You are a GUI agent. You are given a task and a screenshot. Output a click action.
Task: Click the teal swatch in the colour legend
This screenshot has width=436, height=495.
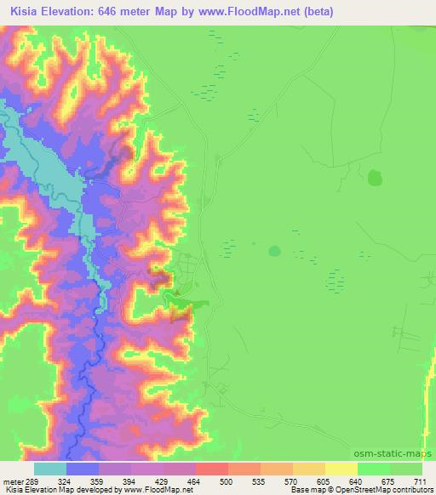pos(49,469)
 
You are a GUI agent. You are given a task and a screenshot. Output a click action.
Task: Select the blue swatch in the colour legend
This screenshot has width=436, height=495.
pos(82,469)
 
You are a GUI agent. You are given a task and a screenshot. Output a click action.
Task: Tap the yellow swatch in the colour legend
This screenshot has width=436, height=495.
pos(341,469)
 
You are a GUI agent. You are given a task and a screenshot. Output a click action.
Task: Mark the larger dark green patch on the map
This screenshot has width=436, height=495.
pos(375,178)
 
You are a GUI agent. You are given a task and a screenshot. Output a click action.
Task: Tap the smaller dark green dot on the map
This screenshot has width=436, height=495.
pos(274,251)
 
